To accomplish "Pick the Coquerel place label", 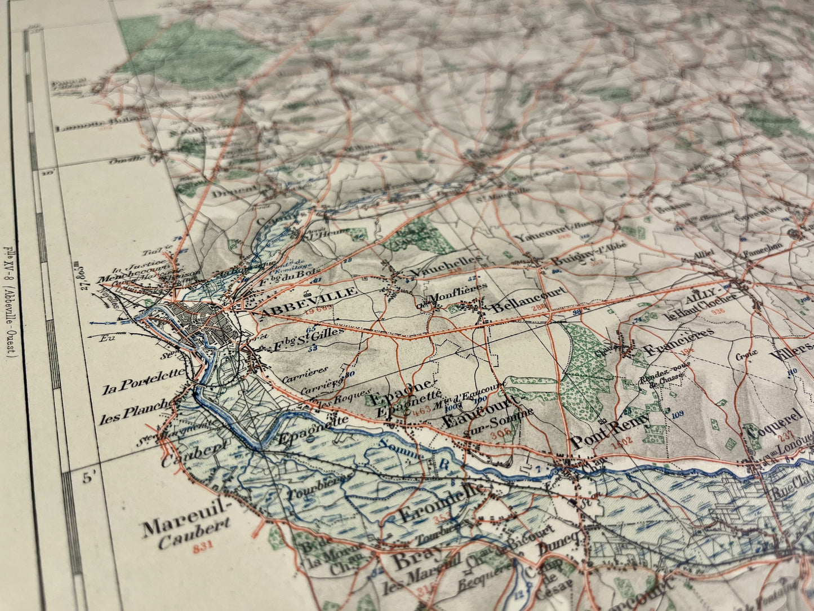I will click(775, 423).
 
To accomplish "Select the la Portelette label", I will click(144, 383).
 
